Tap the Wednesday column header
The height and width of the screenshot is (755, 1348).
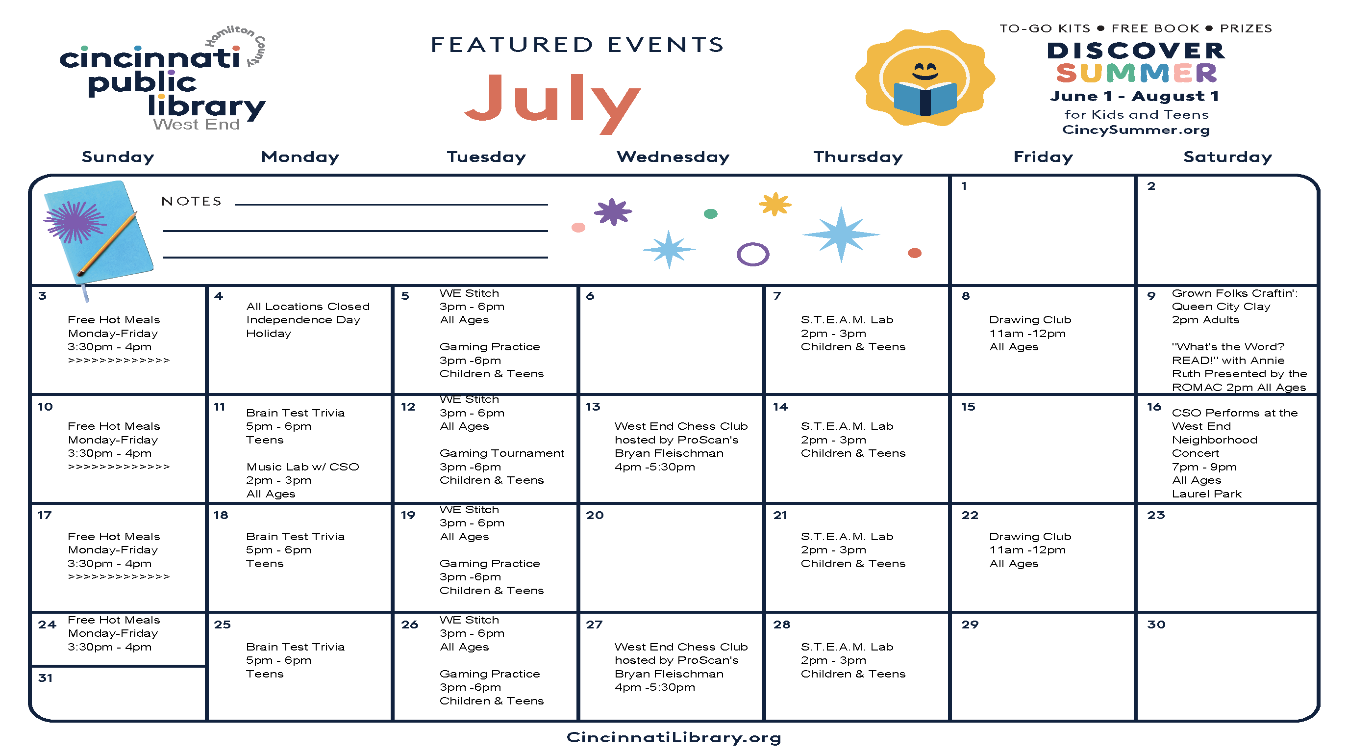(x=673, y=156)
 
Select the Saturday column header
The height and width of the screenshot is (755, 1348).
(x=1227, y=156)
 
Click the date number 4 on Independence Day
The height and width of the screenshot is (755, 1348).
(x=219, y=296)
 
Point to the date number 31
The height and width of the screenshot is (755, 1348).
(x=46, y=678)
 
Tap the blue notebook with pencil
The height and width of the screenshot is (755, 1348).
(x=99, y=231)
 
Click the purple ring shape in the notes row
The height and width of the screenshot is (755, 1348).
(x=752, y=255)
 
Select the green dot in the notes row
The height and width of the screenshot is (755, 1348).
(x=710, y=213)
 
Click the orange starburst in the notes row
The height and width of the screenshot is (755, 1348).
(x=774, y=204)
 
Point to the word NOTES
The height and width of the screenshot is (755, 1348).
(x=192, y=202)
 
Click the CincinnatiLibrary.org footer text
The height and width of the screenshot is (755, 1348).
(x=674, y=737)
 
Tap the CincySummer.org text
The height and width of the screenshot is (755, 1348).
(x=1136, y=130)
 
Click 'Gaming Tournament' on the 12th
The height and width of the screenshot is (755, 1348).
(x=501, y=453)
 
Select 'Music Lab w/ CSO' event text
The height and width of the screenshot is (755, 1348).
(x=302, y=467)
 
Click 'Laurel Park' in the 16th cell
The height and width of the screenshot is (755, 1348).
(x=1206, y=494)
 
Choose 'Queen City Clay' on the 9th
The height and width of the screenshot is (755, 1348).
(x=1221, y=307)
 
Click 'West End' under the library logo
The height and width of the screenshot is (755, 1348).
(x=196, y=125)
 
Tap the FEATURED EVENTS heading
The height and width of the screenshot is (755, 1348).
(x=577, y=45)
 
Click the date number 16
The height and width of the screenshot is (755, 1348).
(x=1154, y=407)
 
